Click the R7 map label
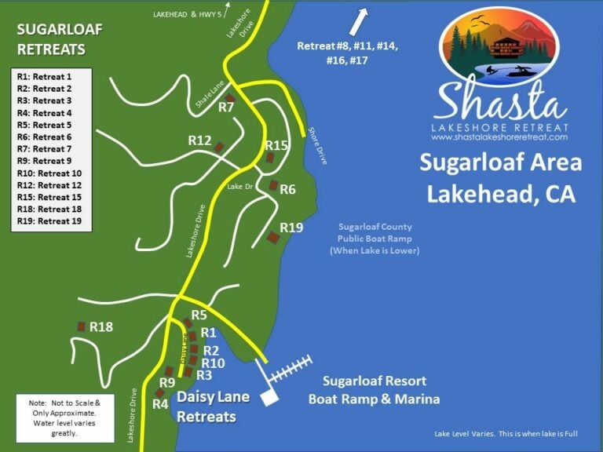click(x=226, y=107)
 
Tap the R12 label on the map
click(x=199, y=140)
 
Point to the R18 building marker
click(x=81, y=326)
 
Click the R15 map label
click(x=276, y=145)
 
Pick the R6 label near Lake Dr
click(x=287, y=189)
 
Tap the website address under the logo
click(x=499, y=137)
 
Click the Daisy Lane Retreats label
click(x=212, y=406)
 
